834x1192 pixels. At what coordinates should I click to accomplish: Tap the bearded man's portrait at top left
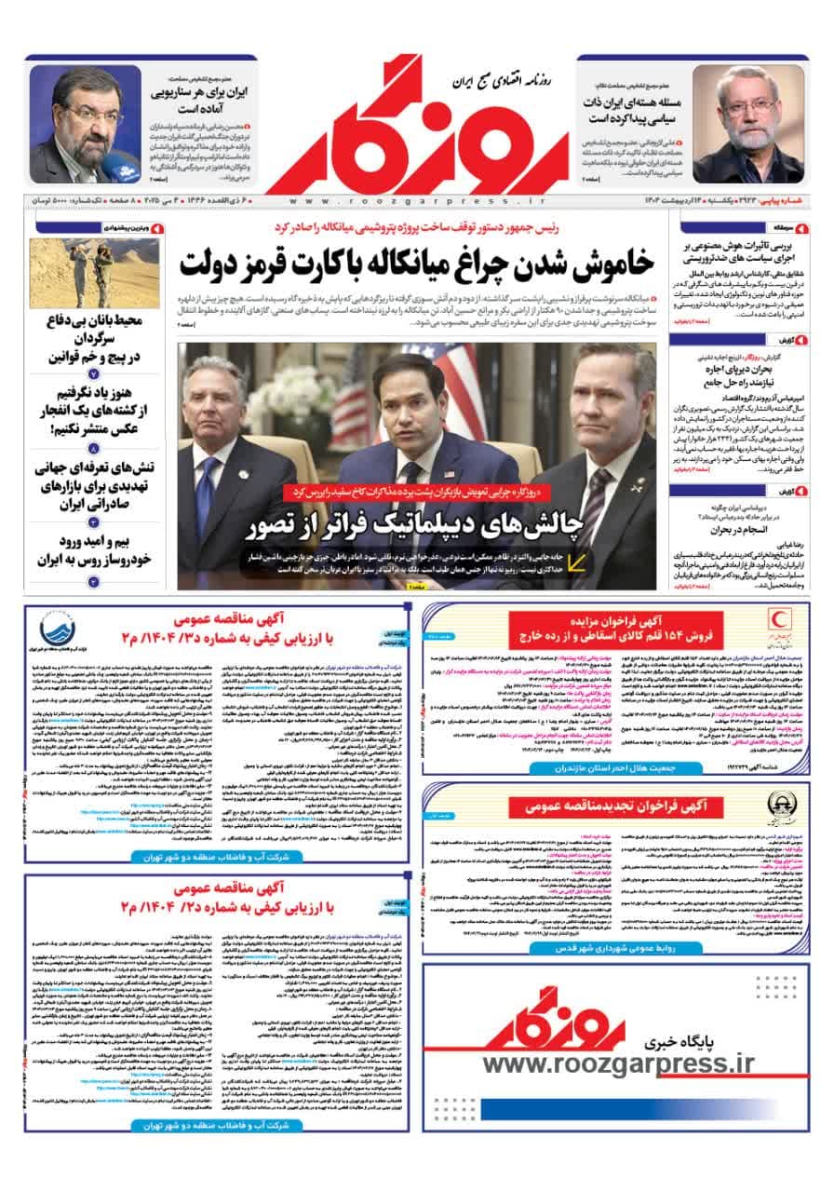(x=85, y=125)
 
